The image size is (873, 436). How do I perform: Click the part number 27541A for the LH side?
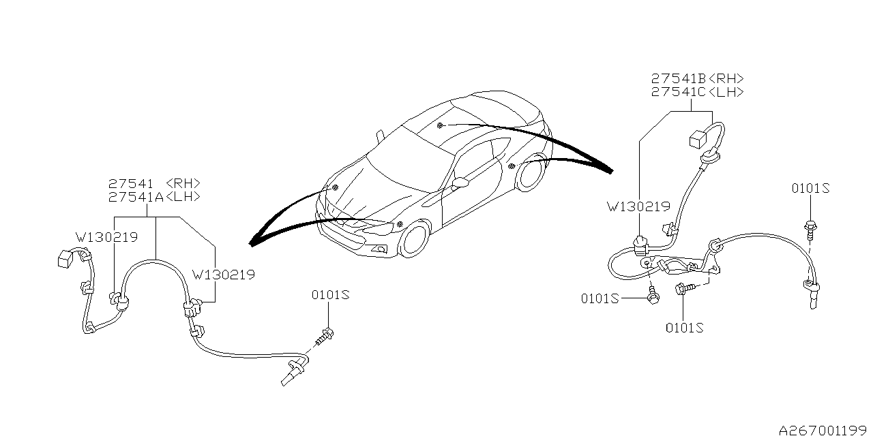[x=136, y=197]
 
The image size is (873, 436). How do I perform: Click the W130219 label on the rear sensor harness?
[x=639, y=206]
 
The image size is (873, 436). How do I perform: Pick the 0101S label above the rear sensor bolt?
[x=810, y=188]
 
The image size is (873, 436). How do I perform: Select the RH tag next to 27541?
[x=183, y=183]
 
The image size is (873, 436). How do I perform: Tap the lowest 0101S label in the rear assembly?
[x=684, y=328]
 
